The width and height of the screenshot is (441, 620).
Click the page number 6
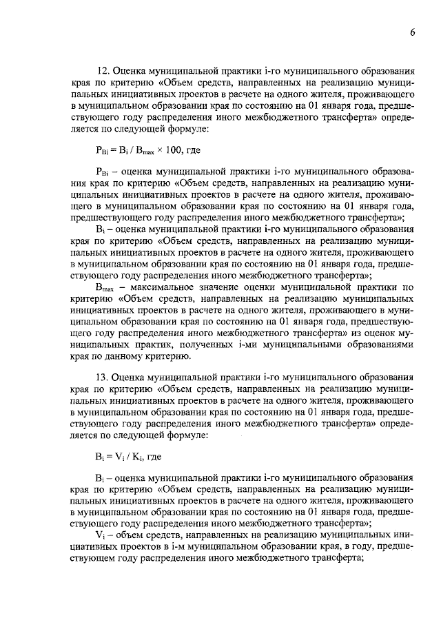411,33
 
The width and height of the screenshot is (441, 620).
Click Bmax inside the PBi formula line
143,152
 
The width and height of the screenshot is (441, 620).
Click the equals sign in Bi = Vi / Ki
109,457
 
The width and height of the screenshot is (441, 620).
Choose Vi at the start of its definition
99,533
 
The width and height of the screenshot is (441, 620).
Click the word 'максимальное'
163,287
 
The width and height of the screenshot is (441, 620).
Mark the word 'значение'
224,287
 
